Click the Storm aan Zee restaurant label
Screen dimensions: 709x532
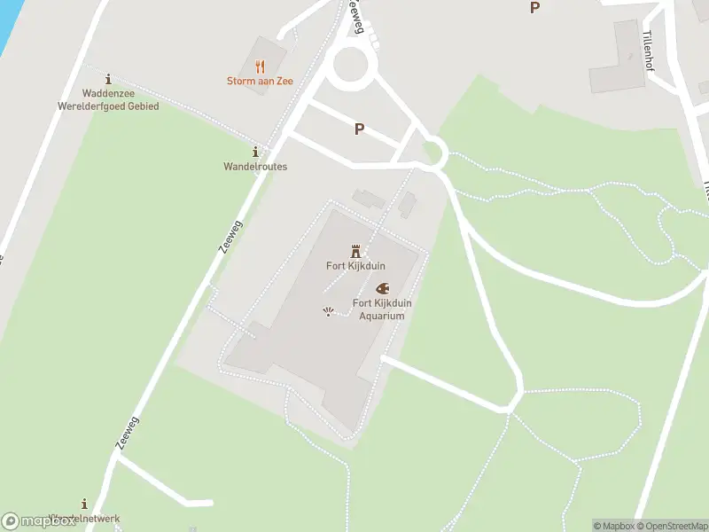pyautogui.click(x=260, y=82)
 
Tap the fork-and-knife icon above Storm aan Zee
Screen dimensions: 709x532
pyautogui.click(x=260, y=66)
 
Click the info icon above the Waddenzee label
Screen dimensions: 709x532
pyautogui.click(x=108, y=79)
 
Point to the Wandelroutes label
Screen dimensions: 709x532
pyautogui.click(x=255, y=167)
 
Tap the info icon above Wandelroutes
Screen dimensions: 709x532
pyautogui.click(x=255, y=152)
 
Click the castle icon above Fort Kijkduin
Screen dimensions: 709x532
pyautogui.click(x=356, y=251)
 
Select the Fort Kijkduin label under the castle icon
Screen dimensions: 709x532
pyautogui.click(x=356, y=266)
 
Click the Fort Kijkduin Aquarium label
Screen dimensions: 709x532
pyautogui.click(x=382, y=309)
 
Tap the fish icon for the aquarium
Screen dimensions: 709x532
pyautogui.click(x=383, y=288)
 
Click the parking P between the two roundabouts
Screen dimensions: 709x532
pyautogui.click(x=359, y=129)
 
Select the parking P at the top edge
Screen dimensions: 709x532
pyautogui.click(x=534, y=7)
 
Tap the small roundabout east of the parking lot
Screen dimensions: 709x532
pyautogui.click(x=433, y=152)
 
